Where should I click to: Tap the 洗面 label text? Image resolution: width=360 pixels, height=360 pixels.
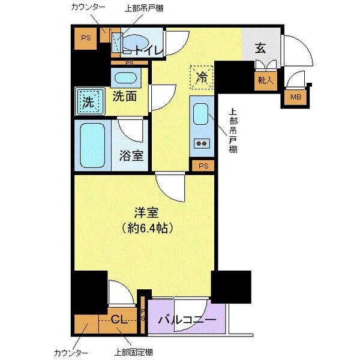coord(124,95)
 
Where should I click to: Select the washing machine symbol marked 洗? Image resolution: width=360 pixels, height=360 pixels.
coord(88,100)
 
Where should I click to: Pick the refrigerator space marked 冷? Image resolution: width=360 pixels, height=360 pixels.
coord(202,77)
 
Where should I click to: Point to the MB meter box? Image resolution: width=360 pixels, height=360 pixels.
coord(296,97)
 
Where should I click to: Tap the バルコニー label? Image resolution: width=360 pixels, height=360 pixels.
coord(187,320)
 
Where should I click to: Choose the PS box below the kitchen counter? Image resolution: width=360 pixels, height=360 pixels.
coord(203,165)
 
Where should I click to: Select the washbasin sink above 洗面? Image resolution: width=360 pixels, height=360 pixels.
coord(125,78)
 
